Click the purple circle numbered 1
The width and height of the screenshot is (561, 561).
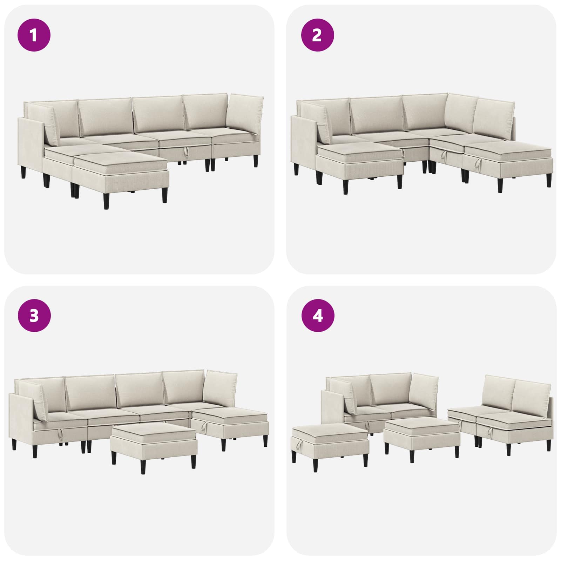pos(34,35)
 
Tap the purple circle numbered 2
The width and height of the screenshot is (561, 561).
pos(317,35)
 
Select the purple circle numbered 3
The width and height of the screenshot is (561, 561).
pos(34,316)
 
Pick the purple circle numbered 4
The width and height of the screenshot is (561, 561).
pos(317,316)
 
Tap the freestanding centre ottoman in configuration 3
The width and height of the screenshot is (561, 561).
pos(153,444)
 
